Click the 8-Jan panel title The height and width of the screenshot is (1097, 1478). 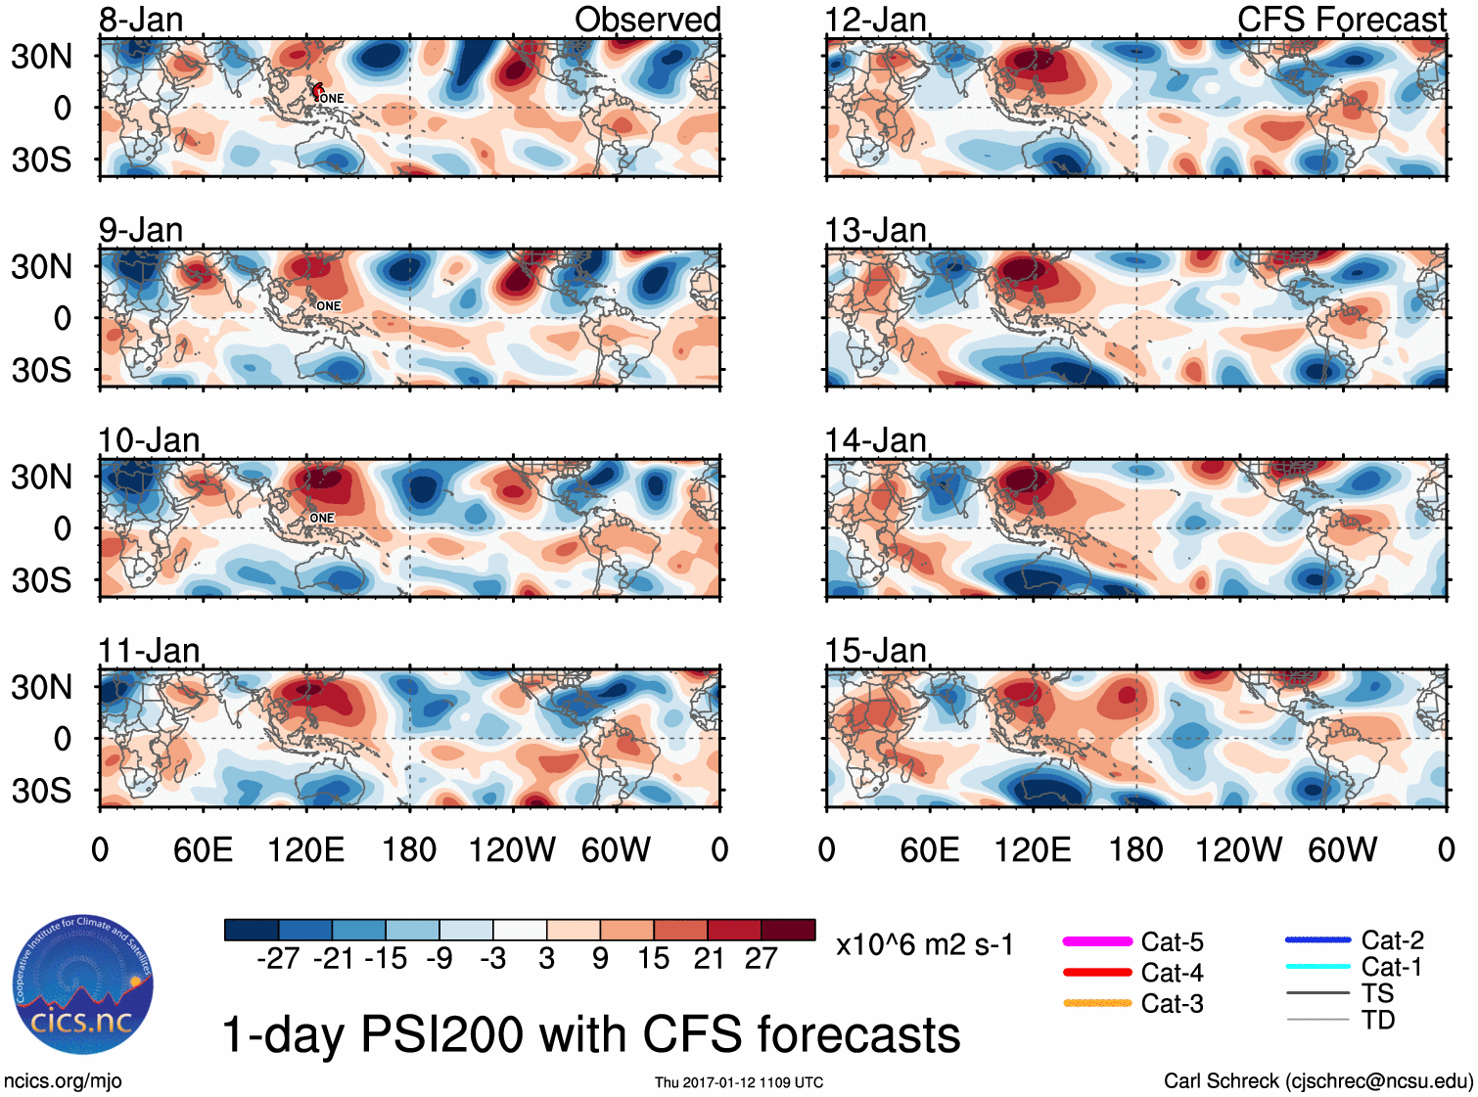pyautogui.click(x=141, y=20)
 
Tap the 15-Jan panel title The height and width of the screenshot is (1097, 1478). pyautogui.click(x=875, y=651)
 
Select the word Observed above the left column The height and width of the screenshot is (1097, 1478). pyautogui.click(x=647, y=20)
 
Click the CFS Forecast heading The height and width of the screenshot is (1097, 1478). pyautogui.click(x=1341, y=20)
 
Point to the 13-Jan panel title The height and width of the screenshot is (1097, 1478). pyautogui.click(x=875, y=230)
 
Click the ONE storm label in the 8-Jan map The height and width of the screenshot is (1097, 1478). pyautogui.click(x=332, y=98)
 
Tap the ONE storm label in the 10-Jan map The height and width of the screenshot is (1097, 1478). pyautogui.click(x=322, y=518)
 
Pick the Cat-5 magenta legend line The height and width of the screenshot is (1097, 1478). pyautogui.click(x=1097, y=941)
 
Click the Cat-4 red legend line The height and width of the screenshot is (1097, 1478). pyautogui.click(x=1097, y=973)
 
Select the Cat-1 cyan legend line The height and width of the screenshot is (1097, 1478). pyautogui.click(x=1317, y=967)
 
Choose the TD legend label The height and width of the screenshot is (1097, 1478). pyautogui.click(x=1378, y=1020)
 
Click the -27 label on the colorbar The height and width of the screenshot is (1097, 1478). pyautogui.click(x=278, y=958)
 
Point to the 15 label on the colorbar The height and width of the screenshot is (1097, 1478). pyautogui.click(x=653, y=958)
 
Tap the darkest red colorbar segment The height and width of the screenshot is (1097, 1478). pyautogui.click(x=788, y=930)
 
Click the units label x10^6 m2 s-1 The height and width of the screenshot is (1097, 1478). pyautogui.click(x=924, y=945)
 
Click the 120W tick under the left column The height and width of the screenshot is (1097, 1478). pyautogui.click(x=512, y=849)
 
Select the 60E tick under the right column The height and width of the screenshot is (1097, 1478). pyautogui.click(x=929, y=849)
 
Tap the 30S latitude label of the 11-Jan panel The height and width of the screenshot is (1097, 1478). pyautogui.click(x=41, y=790)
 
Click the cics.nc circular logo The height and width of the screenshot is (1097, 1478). pyautogui.click(x=83, y=984)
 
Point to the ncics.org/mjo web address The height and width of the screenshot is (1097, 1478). pyautogui.click(x=63, y=1081)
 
